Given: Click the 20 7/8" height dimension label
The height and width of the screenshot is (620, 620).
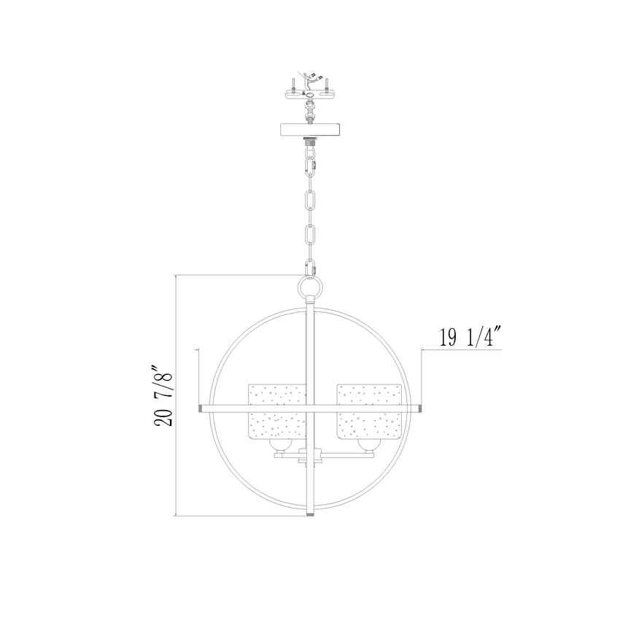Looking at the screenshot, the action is point(163,394).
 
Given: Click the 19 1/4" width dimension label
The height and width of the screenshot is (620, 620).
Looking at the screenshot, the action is point(468,337).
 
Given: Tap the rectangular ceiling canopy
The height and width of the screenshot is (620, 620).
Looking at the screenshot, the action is point(310,129).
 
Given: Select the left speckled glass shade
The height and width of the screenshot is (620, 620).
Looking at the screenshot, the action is point(277,411).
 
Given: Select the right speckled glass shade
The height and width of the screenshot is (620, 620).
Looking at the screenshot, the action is point(369,411).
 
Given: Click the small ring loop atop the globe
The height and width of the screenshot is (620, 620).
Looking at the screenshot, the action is point(311,287).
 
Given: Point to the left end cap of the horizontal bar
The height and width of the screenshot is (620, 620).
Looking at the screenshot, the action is point(201,408).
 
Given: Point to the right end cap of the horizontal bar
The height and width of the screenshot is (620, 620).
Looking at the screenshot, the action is point(420,408).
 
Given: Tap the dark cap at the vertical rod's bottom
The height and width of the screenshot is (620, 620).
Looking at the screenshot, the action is point(311,514).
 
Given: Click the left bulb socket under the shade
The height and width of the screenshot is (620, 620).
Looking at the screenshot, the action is point(281,446).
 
